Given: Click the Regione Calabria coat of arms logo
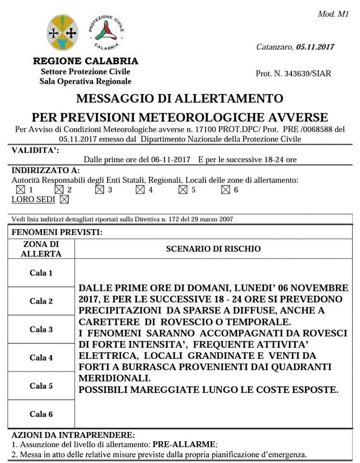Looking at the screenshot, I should coord(63,33).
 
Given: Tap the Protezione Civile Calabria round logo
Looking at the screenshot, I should coord(106,32).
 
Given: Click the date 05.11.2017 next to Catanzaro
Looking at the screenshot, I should coord(315,47).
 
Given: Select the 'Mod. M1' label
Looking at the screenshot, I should coord(333,14).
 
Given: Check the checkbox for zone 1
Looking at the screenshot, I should coord(20,190).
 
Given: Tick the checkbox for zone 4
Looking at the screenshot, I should coord(140,190).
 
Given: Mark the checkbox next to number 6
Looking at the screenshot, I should coord(225,190).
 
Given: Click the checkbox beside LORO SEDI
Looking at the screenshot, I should coord(64,199).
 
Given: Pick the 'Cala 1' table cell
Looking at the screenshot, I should coord(41,273).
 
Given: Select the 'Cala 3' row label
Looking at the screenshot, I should coord(41,329).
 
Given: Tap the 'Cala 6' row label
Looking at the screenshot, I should coord(41,414).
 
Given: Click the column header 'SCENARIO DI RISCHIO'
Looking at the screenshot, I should coord(213,249).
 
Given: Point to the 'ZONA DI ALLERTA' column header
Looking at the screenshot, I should coord(41,249).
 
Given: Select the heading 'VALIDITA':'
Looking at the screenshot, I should coord(35,150).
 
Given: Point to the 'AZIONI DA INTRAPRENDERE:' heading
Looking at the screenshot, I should coord(72,435).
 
